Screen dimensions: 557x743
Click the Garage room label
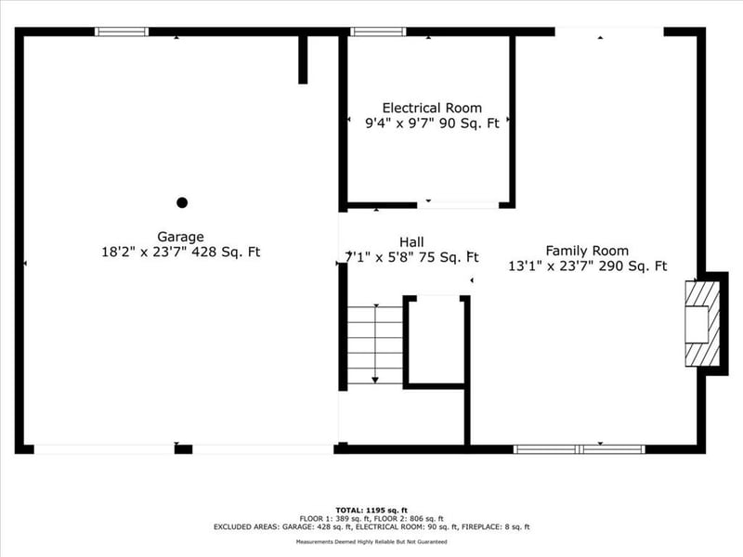[180, 237]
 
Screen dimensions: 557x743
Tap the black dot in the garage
[182, 202]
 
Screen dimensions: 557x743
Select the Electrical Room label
[432, 108]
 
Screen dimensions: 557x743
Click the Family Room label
[587, 251]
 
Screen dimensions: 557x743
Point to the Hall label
[411, 241]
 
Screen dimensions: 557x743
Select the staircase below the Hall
[375, 343]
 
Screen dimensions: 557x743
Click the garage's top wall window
[122, 32]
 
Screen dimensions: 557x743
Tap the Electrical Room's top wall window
[377, 32]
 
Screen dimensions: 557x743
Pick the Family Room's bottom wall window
[579, 449]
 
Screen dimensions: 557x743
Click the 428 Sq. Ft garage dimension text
[226, 252]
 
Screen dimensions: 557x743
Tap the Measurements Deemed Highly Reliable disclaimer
[371, 542]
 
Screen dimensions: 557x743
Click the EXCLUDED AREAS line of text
[371, 527]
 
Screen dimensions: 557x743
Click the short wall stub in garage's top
[303, 59]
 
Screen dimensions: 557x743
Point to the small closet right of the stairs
[435, 340]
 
